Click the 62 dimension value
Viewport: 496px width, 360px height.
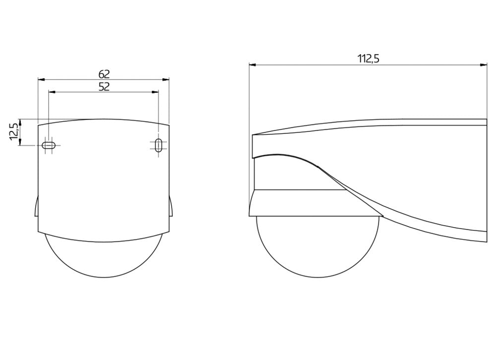[x=104, y=74]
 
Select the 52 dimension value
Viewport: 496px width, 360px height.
[x=104, y=87]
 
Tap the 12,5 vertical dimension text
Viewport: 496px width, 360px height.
[x=13, y=131]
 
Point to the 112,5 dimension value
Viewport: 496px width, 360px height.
[x=368, y=59]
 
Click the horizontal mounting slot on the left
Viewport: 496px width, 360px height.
[x=49, y=145]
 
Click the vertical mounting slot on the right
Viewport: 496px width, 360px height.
[x=159, y=145]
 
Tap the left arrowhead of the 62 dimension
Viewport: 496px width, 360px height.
[x=42, y=80]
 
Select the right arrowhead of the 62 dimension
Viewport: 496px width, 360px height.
[x=166, y=80]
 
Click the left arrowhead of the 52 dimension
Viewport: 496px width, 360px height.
[x=52, y=92]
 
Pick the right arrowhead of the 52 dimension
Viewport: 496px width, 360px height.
[x=155, y=92]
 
